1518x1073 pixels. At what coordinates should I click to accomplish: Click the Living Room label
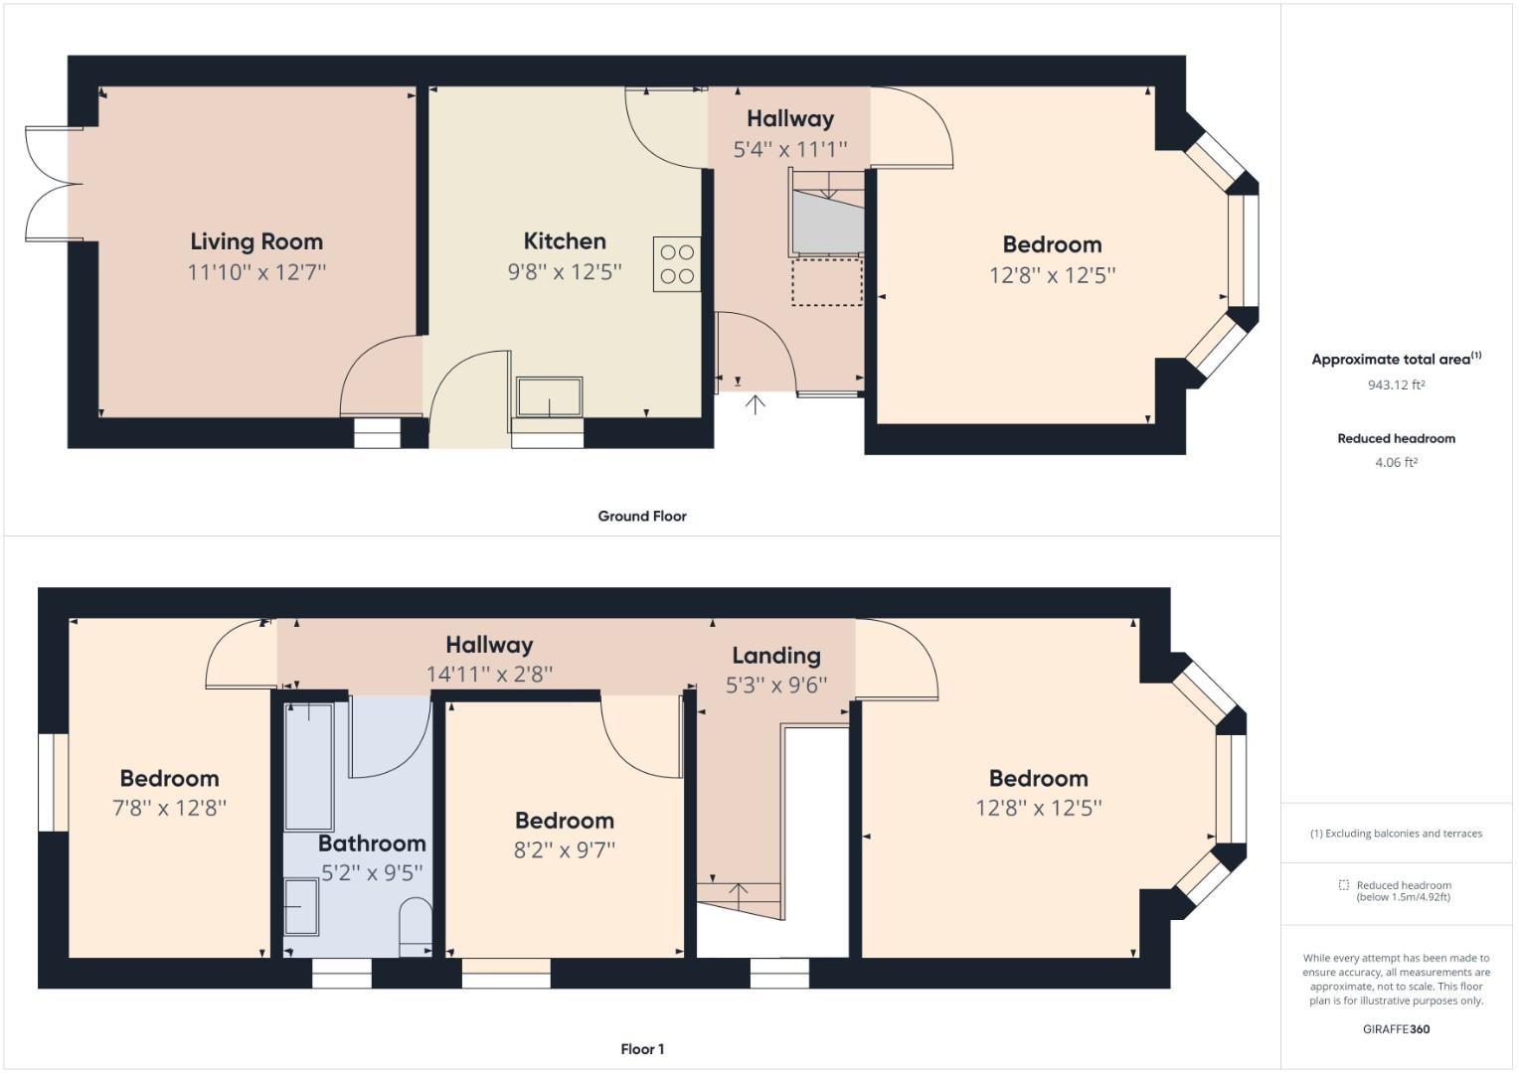coord(256,241)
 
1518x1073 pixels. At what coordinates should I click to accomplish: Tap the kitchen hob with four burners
coord(677,264)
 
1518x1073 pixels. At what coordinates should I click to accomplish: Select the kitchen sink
coord(549,397)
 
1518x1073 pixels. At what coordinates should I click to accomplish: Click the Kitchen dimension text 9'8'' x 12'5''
coord(565,271)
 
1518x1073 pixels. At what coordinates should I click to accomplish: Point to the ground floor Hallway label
coord(790,118)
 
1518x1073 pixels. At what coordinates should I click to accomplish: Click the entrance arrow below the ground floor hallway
coord(756,404)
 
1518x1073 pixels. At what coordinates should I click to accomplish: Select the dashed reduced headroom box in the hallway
coord(826,282)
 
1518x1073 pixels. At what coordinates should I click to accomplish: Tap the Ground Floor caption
coord(642,516)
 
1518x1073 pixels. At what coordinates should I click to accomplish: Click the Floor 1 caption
coord(642,1049)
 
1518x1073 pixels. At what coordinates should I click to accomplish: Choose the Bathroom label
coord(372,843)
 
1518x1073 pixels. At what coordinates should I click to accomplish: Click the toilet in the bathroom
coord(416,928)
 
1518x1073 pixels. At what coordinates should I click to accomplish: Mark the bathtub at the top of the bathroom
coord(309,766)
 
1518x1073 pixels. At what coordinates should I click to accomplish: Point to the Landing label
coord(776,656)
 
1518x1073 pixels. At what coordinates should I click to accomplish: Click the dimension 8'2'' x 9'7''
coord(565,850)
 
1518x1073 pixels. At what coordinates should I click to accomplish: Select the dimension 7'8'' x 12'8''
coord(169,808)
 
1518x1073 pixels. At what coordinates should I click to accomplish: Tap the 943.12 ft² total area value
coord(1396,384)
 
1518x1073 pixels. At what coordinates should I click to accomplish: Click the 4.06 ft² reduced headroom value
coord(1396,462)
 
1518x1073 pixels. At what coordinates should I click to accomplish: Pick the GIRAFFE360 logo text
coord(1396,1029)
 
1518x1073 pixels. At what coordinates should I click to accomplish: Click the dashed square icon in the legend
coord(1343,885)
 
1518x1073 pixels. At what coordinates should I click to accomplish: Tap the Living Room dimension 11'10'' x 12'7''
coord(256,272)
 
